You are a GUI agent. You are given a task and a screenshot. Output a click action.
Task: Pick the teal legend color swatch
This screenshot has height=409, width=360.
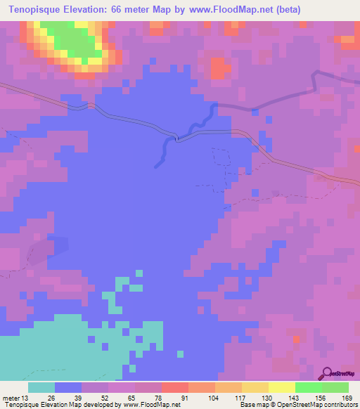coord(41,387)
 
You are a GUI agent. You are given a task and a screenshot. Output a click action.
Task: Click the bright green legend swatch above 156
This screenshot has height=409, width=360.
coord(308,387)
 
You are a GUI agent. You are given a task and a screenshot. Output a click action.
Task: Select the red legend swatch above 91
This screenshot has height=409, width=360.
coord(174,387)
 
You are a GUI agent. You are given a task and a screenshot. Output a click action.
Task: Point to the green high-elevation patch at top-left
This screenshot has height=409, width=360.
coord(70,41)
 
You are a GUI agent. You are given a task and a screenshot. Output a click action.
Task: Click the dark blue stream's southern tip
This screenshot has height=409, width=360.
coord(157,166)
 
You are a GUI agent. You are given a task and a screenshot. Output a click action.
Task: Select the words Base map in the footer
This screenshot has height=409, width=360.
coord(254,404)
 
